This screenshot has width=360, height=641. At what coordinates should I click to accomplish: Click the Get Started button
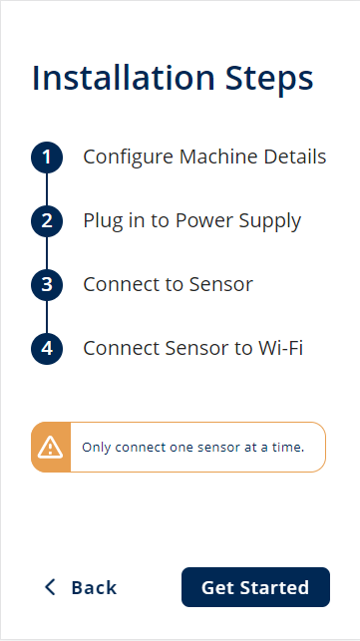[255, 587]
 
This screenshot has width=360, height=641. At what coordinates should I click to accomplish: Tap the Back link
[81, 587]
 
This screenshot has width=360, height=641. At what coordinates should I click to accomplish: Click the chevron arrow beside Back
[50, 587]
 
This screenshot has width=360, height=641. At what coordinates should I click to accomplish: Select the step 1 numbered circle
[47, 158]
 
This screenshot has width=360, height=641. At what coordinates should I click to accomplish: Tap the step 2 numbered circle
[47, 221]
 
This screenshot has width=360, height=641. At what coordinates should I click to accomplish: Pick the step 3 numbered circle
[47, 285]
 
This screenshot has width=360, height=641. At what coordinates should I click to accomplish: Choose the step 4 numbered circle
[47, 349]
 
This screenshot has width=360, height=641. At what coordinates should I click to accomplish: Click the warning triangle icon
[50, 448]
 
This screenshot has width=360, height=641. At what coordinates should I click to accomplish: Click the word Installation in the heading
[123, 77]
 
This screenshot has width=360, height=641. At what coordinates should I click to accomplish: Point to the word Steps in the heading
[269, 80]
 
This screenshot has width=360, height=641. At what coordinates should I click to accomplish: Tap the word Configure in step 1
[129, 158]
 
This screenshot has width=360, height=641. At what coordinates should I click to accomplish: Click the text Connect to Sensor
[169, 284]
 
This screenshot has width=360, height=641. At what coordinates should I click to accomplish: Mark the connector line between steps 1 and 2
[47, 189]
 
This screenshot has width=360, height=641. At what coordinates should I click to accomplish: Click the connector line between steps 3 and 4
[47, 317]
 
